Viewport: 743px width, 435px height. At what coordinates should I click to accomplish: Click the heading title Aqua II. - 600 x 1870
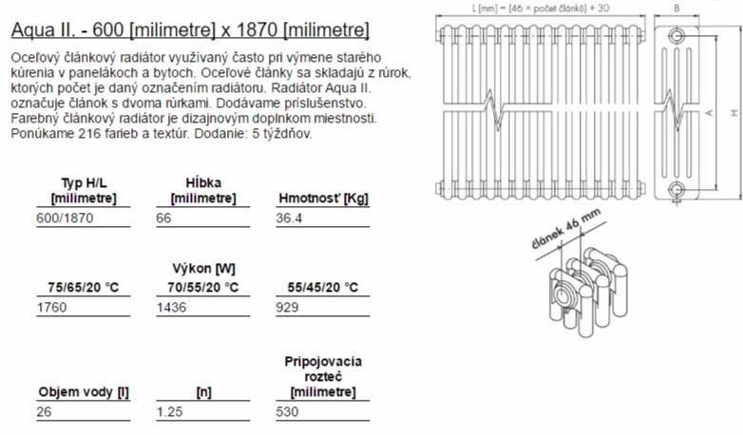[190, 29]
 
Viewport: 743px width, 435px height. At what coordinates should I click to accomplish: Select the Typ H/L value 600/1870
[65, 217]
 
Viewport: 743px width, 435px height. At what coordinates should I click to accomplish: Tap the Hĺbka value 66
[163, 217]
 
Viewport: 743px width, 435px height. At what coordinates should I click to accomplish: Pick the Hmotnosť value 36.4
[289, 217]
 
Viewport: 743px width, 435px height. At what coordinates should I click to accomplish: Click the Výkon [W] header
[203, 269]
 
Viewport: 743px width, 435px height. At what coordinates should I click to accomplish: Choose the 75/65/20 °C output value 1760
[51, 307]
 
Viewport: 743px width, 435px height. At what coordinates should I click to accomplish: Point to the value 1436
[172, 307]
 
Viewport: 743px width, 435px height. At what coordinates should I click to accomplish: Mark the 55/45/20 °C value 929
[287, 307]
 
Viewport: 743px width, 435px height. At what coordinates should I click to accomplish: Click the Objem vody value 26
[44, 411]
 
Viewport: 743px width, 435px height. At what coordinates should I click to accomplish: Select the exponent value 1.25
[170, 411]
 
